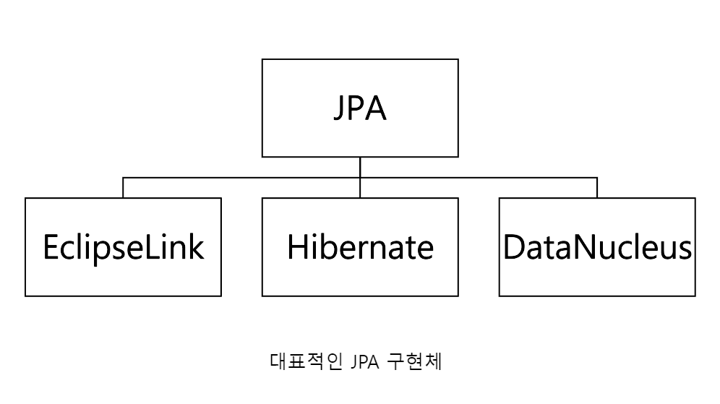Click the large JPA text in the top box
(x=359, y=108)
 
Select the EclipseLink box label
(x=123, y=247)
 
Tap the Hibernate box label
(x=359, y=247)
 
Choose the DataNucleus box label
(x=597, y=247)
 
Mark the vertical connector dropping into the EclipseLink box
(x=123, y=188)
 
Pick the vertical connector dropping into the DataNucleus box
(x=597, y=188)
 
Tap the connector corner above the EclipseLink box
(x=123, y=177)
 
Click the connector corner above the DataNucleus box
(x=597, y=177)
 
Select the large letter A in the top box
(x=377, y=108)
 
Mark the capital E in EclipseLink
(x=51, y=247)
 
